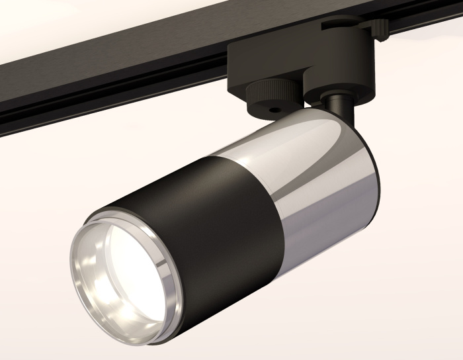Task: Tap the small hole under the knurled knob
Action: click(271, 104)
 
